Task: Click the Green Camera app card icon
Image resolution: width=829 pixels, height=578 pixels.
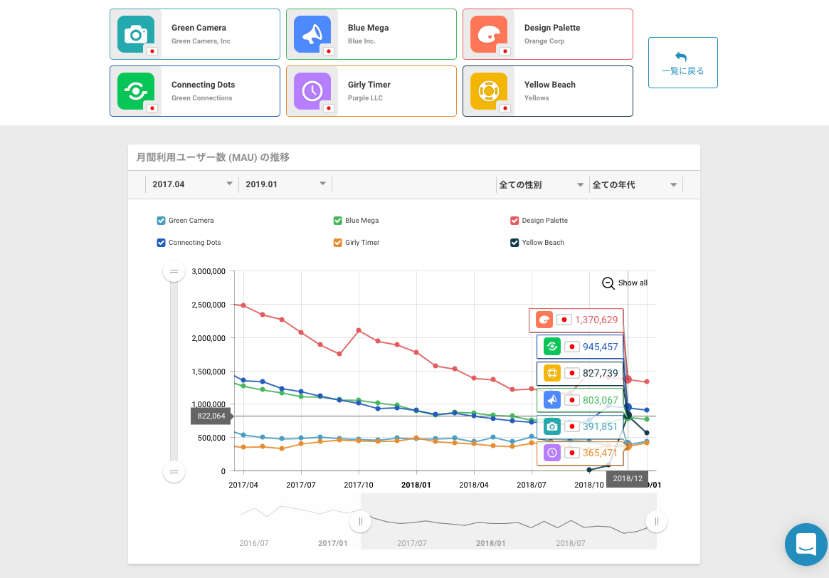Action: tap(134, 34)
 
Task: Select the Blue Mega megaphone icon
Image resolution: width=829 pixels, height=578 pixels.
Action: tap(312, 34)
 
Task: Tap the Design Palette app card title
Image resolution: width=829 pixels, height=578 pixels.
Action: tap(551, 28)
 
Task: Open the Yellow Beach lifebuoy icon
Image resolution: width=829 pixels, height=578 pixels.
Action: tap(488, 91)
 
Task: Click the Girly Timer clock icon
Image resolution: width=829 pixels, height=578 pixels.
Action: tap(312, 91)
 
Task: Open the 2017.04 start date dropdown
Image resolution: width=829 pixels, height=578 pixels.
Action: tap(191, 184)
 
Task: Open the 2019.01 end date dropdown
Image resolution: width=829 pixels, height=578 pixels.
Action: tap(285, 184)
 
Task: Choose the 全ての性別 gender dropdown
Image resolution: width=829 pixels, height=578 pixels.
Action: tap(541, 184)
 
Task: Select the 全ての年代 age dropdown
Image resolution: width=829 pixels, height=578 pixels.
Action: tap(634, 184)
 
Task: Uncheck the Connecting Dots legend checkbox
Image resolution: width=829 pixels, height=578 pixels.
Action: tap(161, 243)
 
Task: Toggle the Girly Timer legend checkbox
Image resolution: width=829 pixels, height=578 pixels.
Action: tap(338, 243)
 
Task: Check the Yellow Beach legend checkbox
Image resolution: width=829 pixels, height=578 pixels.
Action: tap(514, 243)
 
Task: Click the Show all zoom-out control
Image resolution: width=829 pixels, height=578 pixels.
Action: tap(625, 283)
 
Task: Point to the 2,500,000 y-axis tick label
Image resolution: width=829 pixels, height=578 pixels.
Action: tap(208, 305)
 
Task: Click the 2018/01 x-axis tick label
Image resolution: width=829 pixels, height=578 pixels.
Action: tap(416, 485)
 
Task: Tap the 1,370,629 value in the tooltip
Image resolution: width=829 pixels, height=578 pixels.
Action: tap(596, 320)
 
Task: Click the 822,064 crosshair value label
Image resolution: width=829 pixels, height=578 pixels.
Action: tap(211, 416)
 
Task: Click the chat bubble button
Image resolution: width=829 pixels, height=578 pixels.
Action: tap(806, 544)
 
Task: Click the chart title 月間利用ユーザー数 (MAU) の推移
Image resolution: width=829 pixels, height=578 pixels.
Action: tap(213, 157)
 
